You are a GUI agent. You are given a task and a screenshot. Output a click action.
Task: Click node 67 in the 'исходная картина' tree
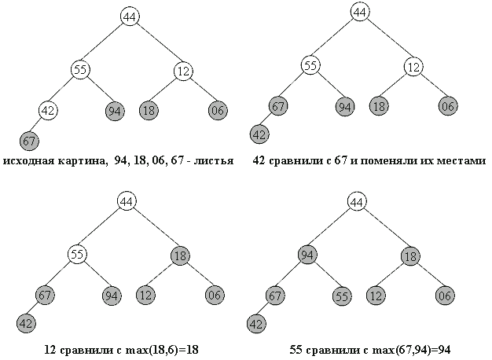[x=29, y=141]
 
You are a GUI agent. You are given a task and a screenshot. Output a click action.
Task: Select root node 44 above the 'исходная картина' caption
[x=130, y=17]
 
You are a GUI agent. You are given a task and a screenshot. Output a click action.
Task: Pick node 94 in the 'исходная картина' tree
[x=114, y=111]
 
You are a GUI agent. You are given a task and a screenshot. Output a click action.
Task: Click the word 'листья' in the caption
[x=214, y=162]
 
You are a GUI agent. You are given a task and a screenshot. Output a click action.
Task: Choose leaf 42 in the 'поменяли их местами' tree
[x=259, y=134]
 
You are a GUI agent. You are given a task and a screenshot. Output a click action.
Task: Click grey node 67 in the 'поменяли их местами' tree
[x=278, y=105]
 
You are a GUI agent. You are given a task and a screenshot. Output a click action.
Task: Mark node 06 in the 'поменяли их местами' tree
[x=448, y=105]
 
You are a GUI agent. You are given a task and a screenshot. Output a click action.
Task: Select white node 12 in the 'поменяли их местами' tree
[x=414, y=65]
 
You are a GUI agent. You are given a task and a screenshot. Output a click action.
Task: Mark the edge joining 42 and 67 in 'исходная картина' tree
[x=39, y=127]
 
